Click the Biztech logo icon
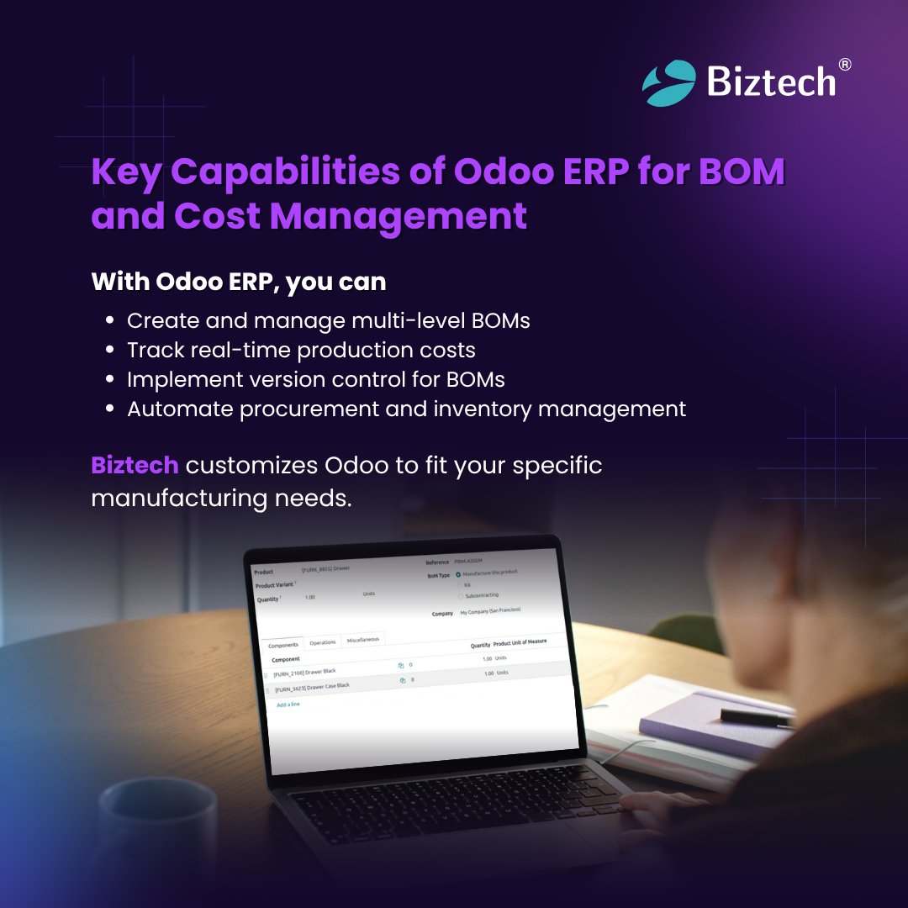click(669, 82)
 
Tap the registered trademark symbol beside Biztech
click(845, 65)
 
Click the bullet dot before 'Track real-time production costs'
click(109, 351)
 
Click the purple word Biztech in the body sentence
click(135, 465)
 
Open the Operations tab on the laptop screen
click(323, 642)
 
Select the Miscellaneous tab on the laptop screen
click(363, 639)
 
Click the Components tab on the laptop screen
click(282, 646)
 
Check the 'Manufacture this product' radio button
click(458, 574)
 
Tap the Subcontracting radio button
click(460, 596)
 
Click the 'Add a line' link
click(288, 704)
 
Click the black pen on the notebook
click(756, 716)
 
